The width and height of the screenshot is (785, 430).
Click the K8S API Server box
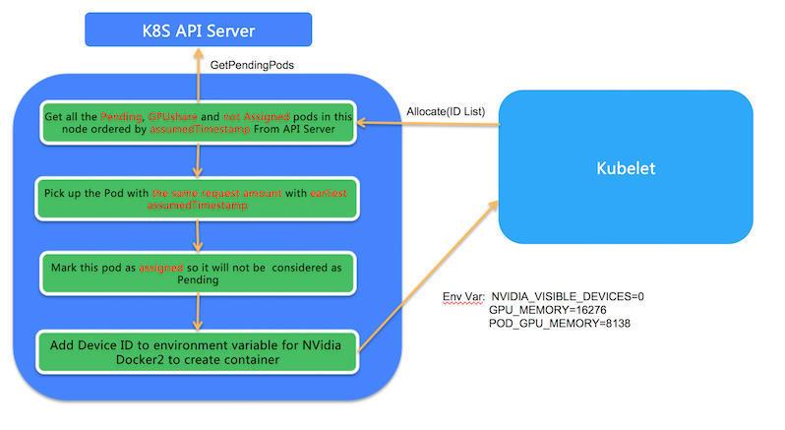coord(198,30)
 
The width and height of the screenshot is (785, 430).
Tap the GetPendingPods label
coord(252,64)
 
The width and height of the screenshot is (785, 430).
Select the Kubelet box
coord(625,168)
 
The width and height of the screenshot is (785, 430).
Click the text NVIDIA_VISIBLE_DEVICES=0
coord(568,295)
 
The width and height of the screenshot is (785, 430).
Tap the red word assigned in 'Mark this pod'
coord(160,265)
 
